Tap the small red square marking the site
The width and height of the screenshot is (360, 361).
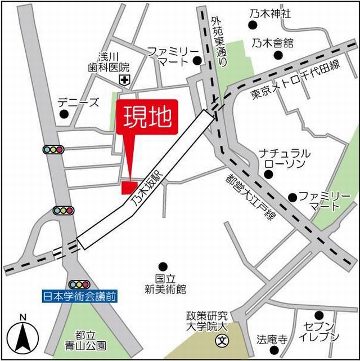point(129,187)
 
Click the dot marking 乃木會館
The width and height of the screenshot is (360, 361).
point(277,55)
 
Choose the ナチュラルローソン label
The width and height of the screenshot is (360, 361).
point(284,159)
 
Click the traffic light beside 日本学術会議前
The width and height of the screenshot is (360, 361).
point(79,284)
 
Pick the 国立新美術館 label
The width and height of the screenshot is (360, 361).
point(163,284)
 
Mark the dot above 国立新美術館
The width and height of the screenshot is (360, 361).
point(163,266)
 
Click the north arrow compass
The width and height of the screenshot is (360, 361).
point(22,335)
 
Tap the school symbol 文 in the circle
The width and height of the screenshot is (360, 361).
point(223,340)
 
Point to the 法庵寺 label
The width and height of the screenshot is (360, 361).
point(272,340)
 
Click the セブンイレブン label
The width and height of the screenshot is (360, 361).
point(319,332)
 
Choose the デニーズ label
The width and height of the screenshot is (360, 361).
point(78,102)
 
